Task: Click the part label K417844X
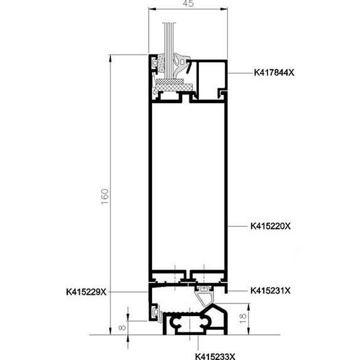tap(274, 73)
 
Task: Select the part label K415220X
tap(271, 226)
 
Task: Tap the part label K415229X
tap(87, 292)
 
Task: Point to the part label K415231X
tap(271, 291)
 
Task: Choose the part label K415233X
tap(215, 356)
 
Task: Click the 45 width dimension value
tap(188, 3)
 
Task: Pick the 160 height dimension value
tap(105, 197)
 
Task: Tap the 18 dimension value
tap(243, 319)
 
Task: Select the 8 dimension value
tap(123, 327)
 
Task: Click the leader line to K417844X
tap(240, 73)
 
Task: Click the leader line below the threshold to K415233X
tap(198, 343)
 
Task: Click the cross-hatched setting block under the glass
tap(175, 87)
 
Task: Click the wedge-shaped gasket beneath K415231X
tap(205, 297)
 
